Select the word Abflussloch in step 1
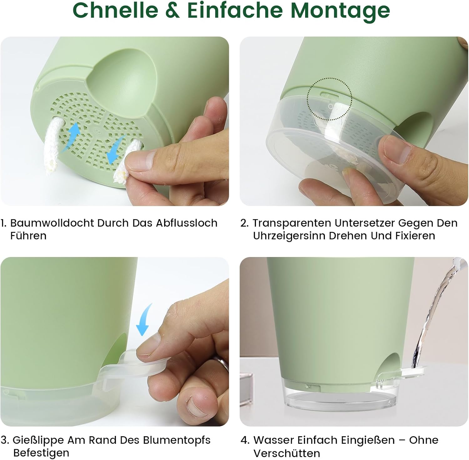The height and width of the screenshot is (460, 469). (x=187, y=223)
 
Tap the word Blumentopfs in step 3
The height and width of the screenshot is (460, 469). (x=177, y=440)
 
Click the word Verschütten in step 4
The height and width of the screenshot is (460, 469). (x=286, y=453)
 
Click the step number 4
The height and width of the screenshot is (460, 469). (x=245, y=440)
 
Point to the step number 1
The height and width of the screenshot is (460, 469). (x=3, y=223)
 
